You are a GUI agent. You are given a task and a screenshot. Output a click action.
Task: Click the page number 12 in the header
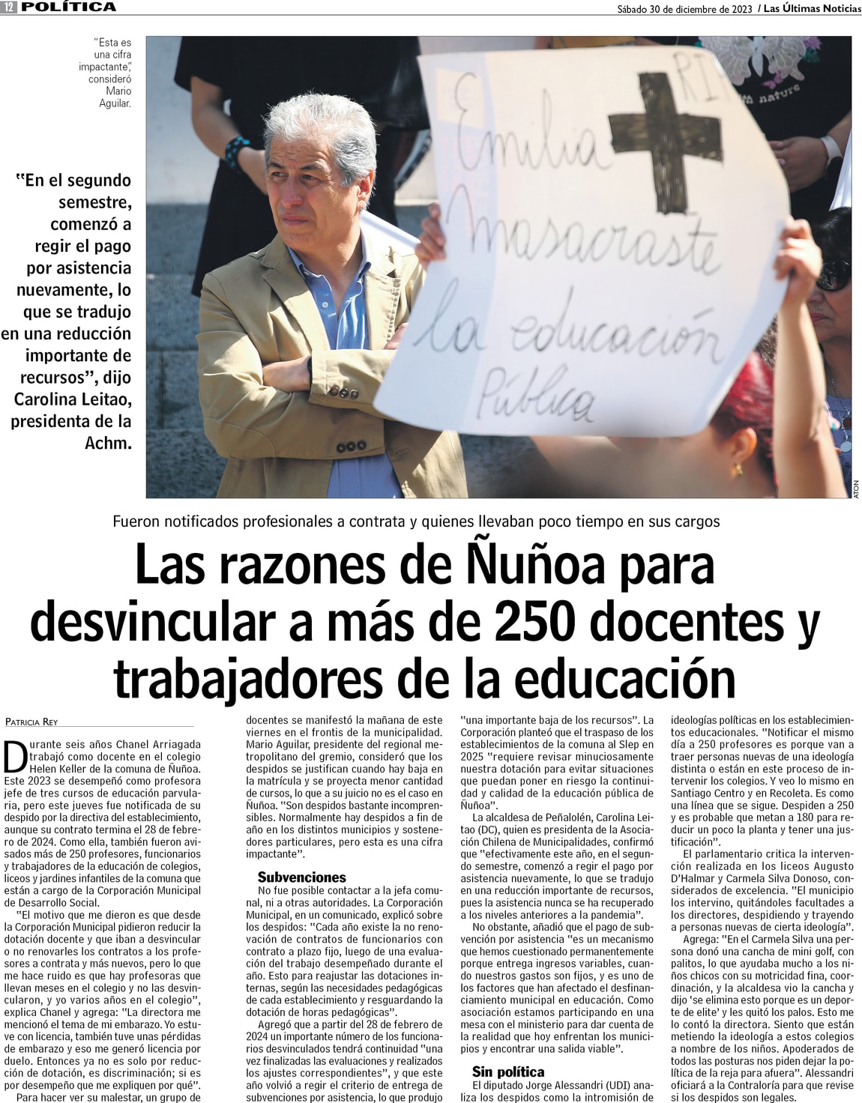(x=10, y=7)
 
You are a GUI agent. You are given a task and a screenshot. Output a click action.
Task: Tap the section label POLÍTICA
(x=68, y=7)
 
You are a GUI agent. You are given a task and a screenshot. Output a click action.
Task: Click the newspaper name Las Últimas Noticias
(x=812, y=9)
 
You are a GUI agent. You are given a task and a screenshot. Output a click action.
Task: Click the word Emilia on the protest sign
(x=525, y=135)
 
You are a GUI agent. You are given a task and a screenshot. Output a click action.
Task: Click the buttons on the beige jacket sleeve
(x=344, y=392)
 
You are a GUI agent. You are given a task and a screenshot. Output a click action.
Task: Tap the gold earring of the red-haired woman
(x=738, y=469)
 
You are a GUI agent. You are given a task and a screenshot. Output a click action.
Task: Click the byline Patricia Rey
(x=31, y=722)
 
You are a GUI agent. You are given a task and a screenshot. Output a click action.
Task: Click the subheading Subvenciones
(x=301, y=877)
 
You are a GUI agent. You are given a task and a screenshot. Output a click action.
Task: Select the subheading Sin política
(x=507, y=1072)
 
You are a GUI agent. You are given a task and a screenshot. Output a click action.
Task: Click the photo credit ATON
(x=855, y=489)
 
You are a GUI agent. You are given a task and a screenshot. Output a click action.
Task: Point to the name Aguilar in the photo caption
(x=115, y=103)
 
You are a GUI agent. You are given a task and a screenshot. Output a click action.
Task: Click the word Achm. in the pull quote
(x=108, y=443)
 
